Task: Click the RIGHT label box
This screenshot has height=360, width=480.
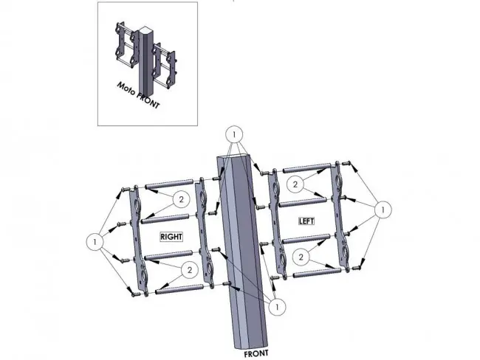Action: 171,237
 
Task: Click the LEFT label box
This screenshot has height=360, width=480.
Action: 306,221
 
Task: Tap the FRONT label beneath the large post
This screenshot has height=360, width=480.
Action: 256,354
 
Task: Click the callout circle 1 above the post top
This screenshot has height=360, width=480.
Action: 234,134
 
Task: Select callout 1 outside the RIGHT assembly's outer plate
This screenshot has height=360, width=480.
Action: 95,242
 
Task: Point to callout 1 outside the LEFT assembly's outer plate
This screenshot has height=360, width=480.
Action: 383,210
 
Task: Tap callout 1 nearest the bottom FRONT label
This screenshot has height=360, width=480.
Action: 278,306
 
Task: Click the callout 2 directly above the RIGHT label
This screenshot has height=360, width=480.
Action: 181,199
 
